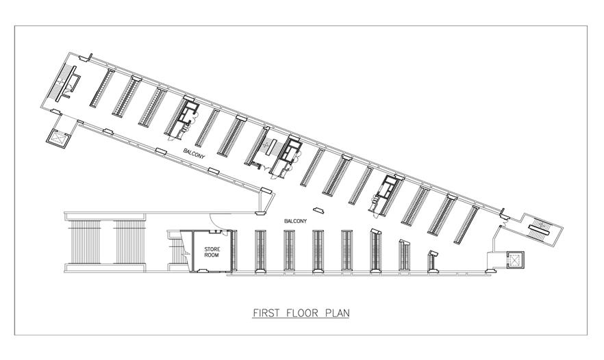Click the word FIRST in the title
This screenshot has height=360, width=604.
coord(266,312)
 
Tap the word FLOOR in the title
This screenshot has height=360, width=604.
coord(303,312)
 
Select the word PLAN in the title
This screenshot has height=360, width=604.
coord(338,312)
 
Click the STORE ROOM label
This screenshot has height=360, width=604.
coord(212,252)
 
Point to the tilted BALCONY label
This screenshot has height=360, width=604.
coord(194,153)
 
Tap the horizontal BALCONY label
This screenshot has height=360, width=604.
coord(295,221)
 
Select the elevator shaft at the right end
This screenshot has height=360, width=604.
coord(515,260)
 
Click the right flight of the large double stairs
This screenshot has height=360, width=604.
coord(130,242)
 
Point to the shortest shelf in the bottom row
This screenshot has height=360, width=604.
coord(433,262)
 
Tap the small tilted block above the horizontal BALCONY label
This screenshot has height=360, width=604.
coord(318,210)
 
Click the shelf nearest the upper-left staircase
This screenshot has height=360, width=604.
coord(102,88)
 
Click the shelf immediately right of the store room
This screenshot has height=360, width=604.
coord(233,250)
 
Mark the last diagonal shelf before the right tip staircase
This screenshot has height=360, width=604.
coord(466,225)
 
